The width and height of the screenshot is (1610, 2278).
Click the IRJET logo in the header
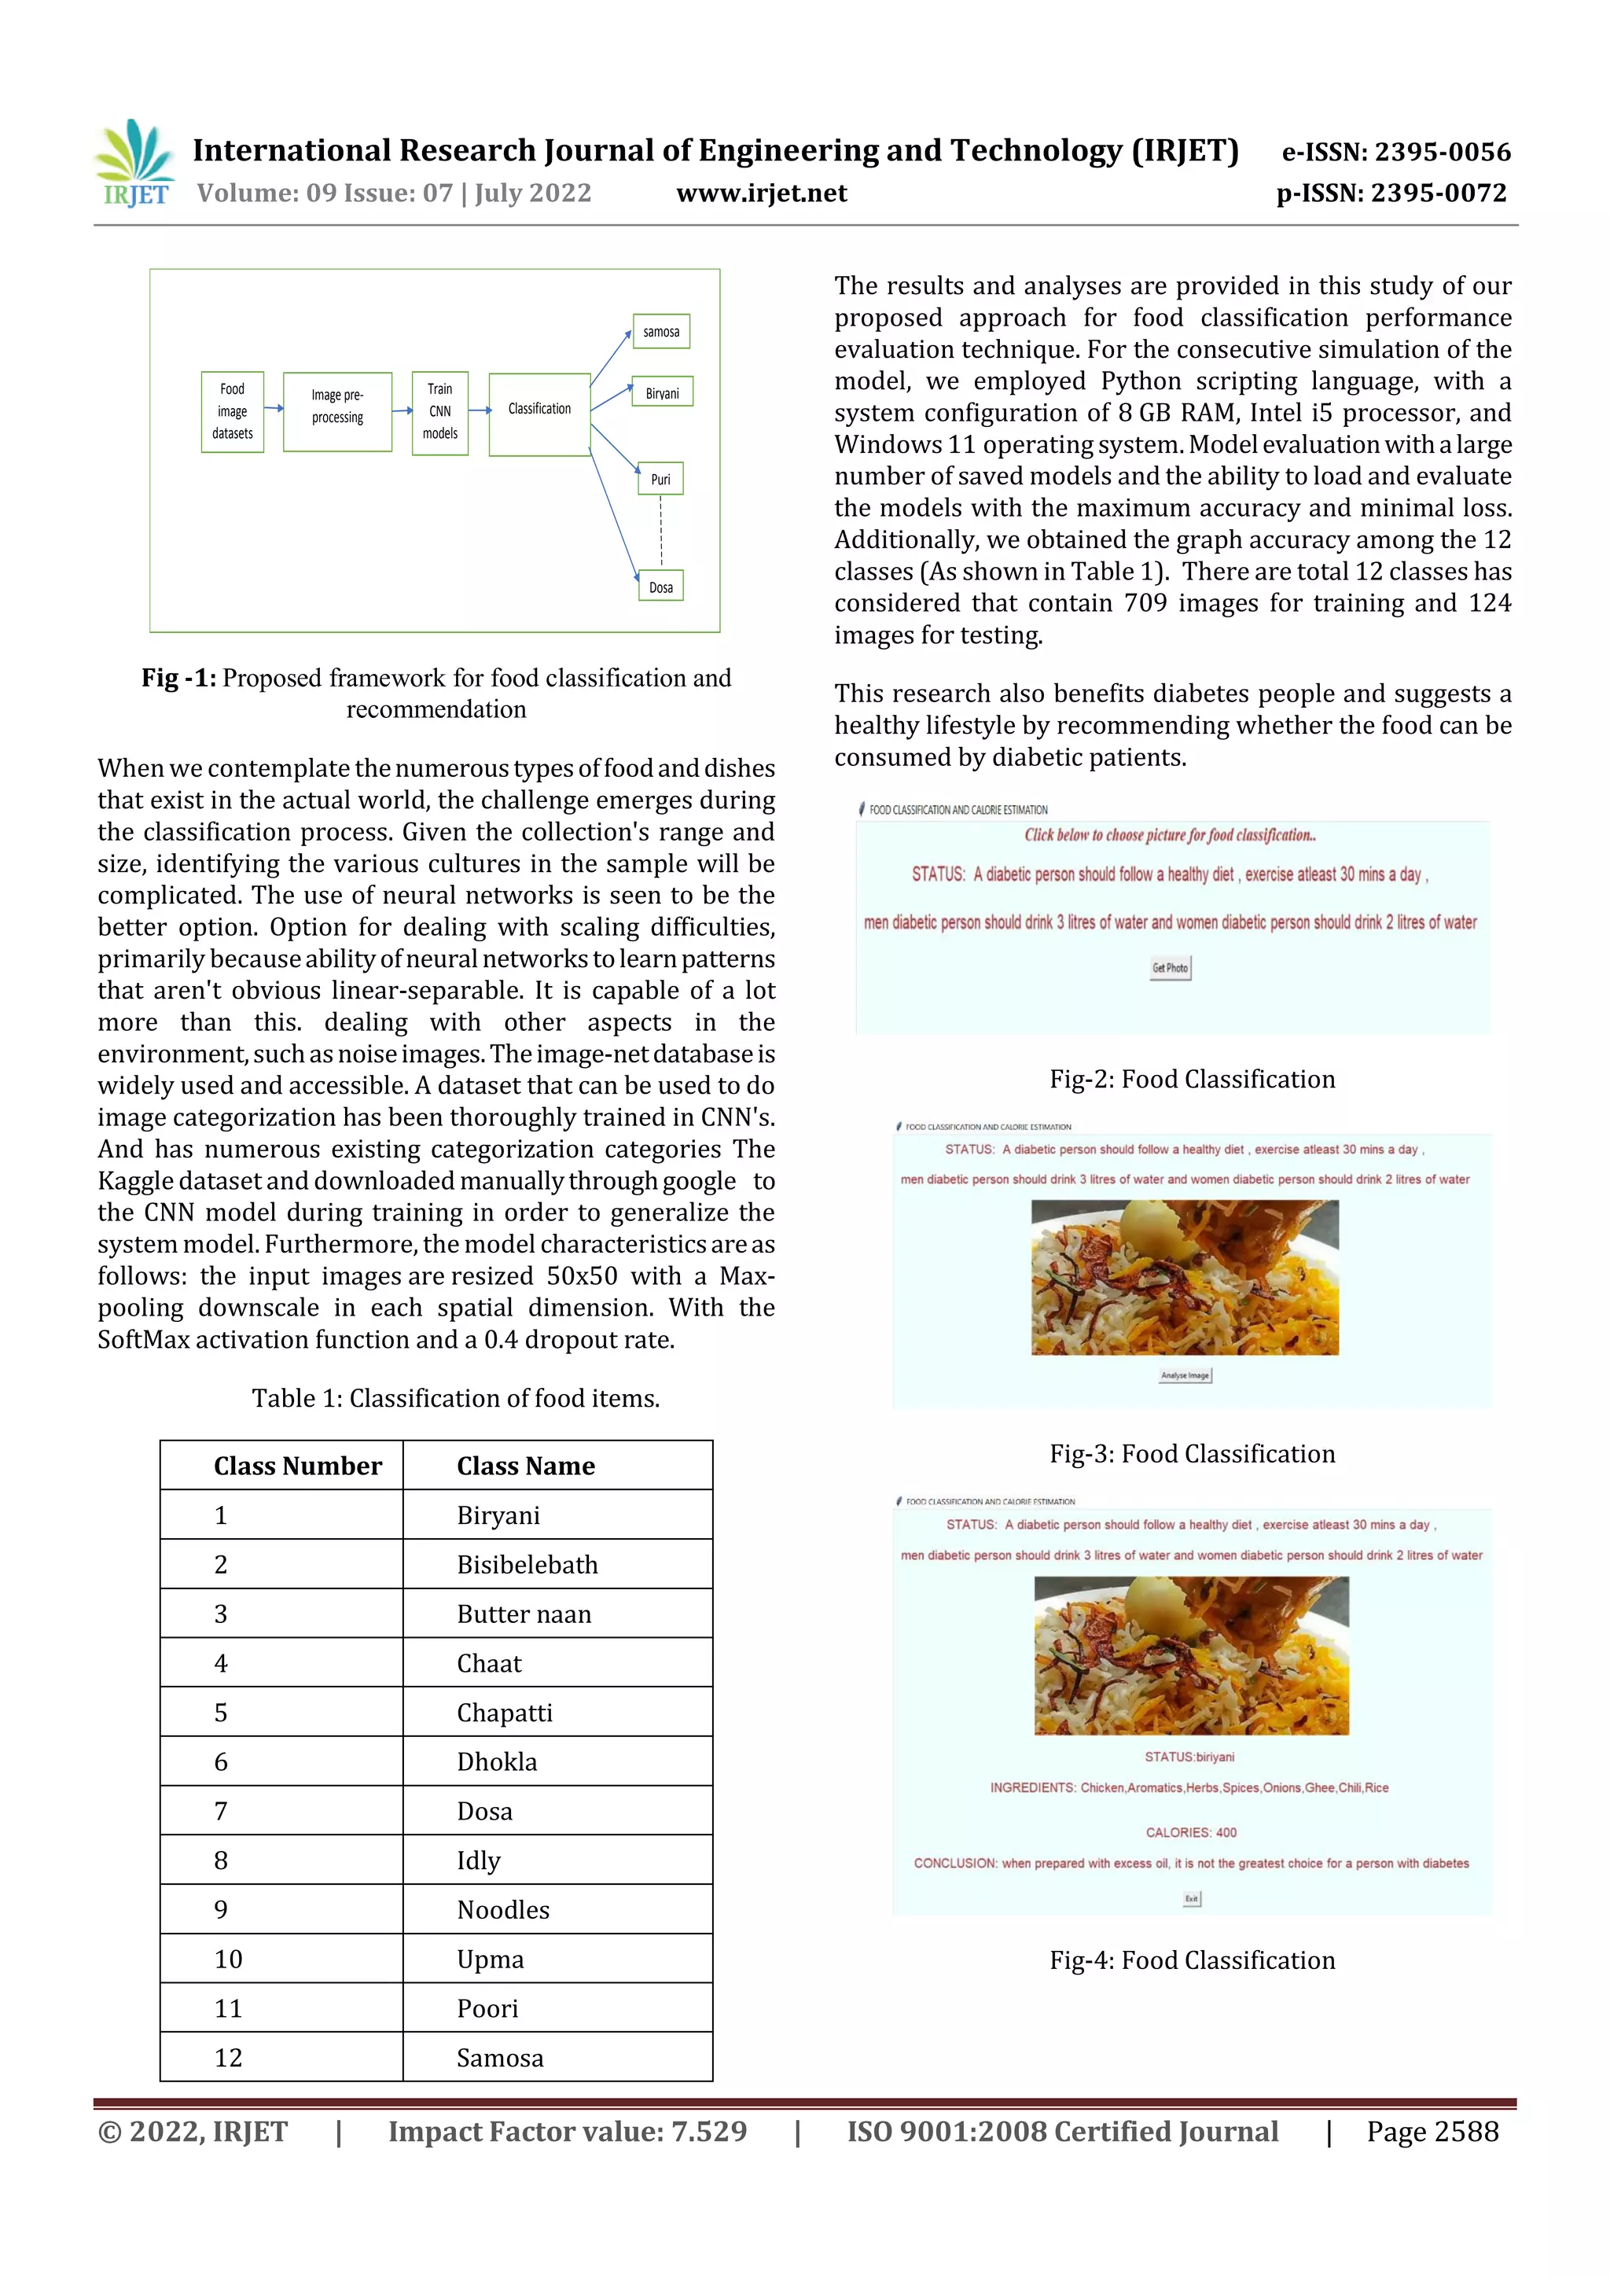click(x=134, y=164)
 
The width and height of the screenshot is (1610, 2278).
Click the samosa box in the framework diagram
click(x=660, y=331)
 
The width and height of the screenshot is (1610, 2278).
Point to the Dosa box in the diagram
click(x=660, y=587)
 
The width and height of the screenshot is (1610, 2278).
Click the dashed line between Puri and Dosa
click(x=660, y=531)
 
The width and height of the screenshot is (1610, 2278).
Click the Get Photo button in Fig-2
click(x=1170, y=967)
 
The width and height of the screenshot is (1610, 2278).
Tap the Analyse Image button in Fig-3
click(x=1185, y=1375)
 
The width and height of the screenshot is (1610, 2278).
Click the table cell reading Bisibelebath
click(x=527, y=1565)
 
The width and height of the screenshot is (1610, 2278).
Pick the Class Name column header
click(x=526, y=1466)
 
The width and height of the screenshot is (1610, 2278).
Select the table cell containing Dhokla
click(x=496, y=1762)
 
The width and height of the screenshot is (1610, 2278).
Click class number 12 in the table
click(x=229, y=2058)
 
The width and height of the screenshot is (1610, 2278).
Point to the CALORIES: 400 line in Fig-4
click(x=1190, y=1832)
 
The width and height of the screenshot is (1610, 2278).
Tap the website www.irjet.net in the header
click(x=761, y=193)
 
